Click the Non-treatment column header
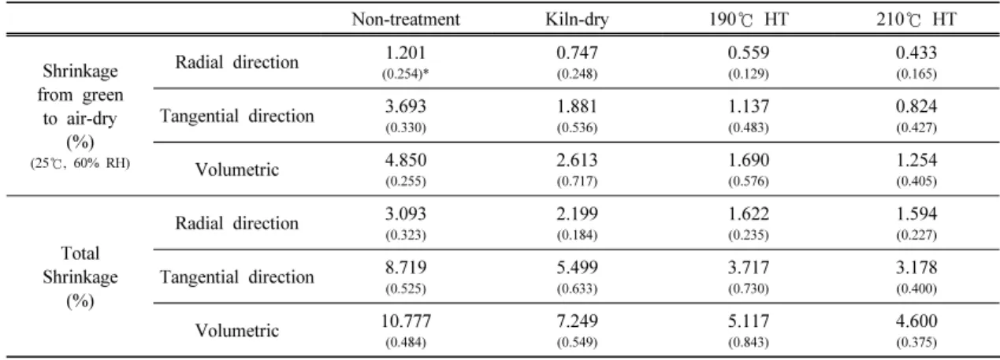pos(406,19)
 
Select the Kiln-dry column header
pos(577,20)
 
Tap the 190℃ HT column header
pos(749,19)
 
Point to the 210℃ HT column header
pos(916,19)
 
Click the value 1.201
pos(406,53)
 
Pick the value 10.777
pos(406,321)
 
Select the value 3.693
pos(406,106)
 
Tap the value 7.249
pos(577,321)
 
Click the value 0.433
pos(916,53)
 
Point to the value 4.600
pos(916,321)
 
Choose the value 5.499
pos(577,267)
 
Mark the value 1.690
pos(749,160)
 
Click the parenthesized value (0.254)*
pos(405,74)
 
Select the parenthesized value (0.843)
pos(749,342)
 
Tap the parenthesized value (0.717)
pos(577,181)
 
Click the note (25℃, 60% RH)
pos(80,163)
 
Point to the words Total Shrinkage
pos(80,265)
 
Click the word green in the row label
pos(102,96)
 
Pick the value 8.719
pos(406,267)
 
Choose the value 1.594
pos(916,213)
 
